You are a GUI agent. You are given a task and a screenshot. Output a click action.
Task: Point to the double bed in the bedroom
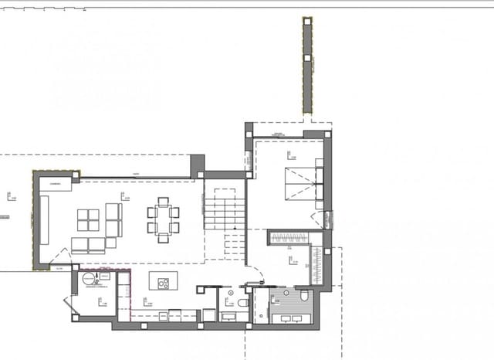point(298,184)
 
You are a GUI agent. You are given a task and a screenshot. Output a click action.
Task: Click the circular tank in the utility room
point(89,278)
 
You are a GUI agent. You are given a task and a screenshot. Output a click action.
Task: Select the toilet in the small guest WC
point(242,304)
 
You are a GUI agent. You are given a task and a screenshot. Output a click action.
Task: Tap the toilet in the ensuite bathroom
point(305,297)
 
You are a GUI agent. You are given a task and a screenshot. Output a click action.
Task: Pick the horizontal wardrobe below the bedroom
point(293,237)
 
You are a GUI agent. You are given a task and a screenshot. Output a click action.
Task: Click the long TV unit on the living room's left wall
point(44,219)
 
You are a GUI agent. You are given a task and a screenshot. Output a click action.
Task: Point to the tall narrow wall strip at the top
point(307,66)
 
